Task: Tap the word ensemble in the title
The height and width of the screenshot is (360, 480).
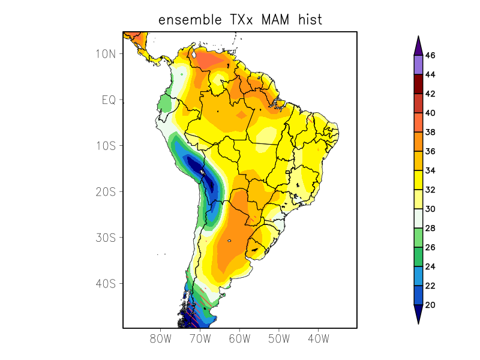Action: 187,20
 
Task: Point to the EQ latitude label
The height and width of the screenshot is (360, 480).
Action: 109,100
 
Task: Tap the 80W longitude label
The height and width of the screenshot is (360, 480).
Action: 160,338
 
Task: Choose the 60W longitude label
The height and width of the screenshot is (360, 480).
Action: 239,338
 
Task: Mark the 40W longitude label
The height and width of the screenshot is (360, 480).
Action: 318,338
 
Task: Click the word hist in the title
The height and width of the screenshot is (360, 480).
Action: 310,20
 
